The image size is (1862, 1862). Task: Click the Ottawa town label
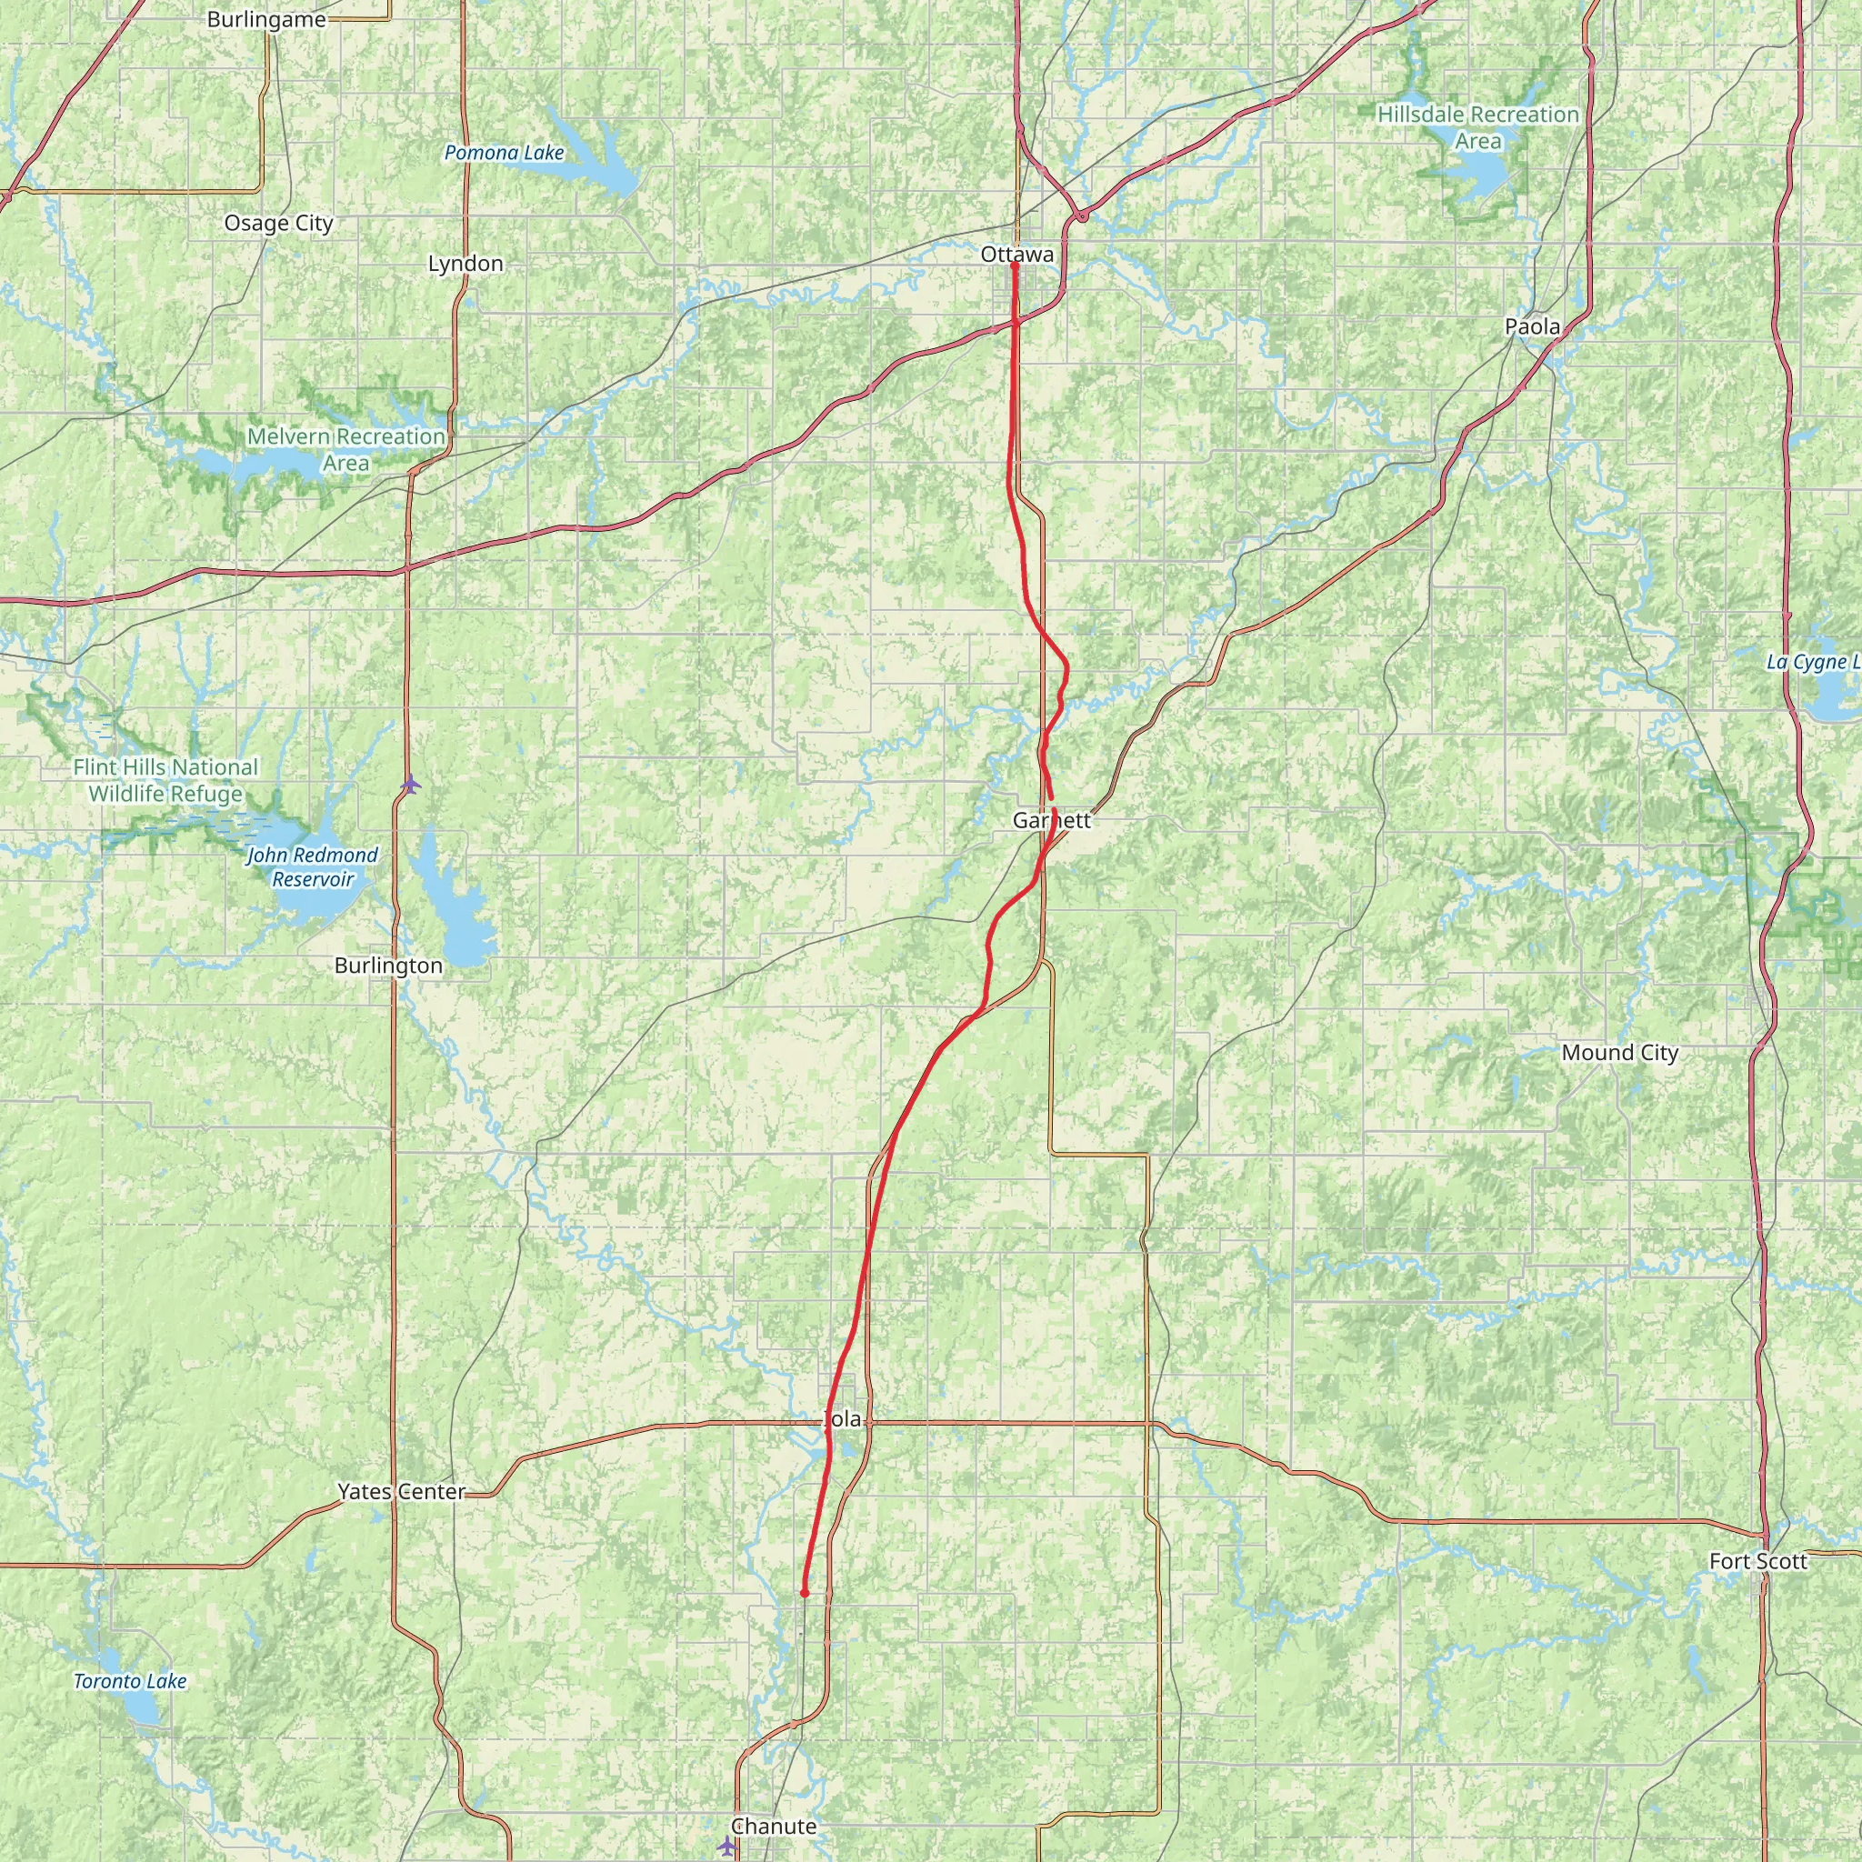pos(1016,255)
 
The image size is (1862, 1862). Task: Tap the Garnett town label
pos(1052,820)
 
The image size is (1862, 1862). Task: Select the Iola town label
pos(842,1418)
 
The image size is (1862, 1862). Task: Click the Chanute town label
pos(773,1827)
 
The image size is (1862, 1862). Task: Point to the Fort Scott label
pos(1758,1561)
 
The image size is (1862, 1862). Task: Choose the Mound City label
pos(1620,1053)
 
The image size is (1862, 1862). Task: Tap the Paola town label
pos(1532,326)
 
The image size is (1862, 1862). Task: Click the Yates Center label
pos(401,1491)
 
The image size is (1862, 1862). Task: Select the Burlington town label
pos(388,966)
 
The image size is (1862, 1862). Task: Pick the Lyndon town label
pos(465,263)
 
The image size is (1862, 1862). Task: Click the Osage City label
pos(278,223)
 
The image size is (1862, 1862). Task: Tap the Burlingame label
pos(267,19)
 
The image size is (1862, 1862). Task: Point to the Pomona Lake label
pos(504,152)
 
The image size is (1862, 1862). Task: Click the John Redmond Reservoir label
pos(312,866)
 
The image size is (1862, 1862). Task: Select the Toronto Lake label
pos(130,1681)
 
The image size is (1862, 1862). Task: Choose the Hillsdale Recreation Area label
pos(1477,127)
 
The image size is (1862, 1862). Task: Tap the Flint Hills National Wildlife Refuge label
pos(165,780)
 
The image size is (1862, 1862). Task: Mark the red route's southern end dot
pos(804,1593)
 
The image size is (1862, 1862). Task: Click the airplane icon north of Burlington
pos(411,784)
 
